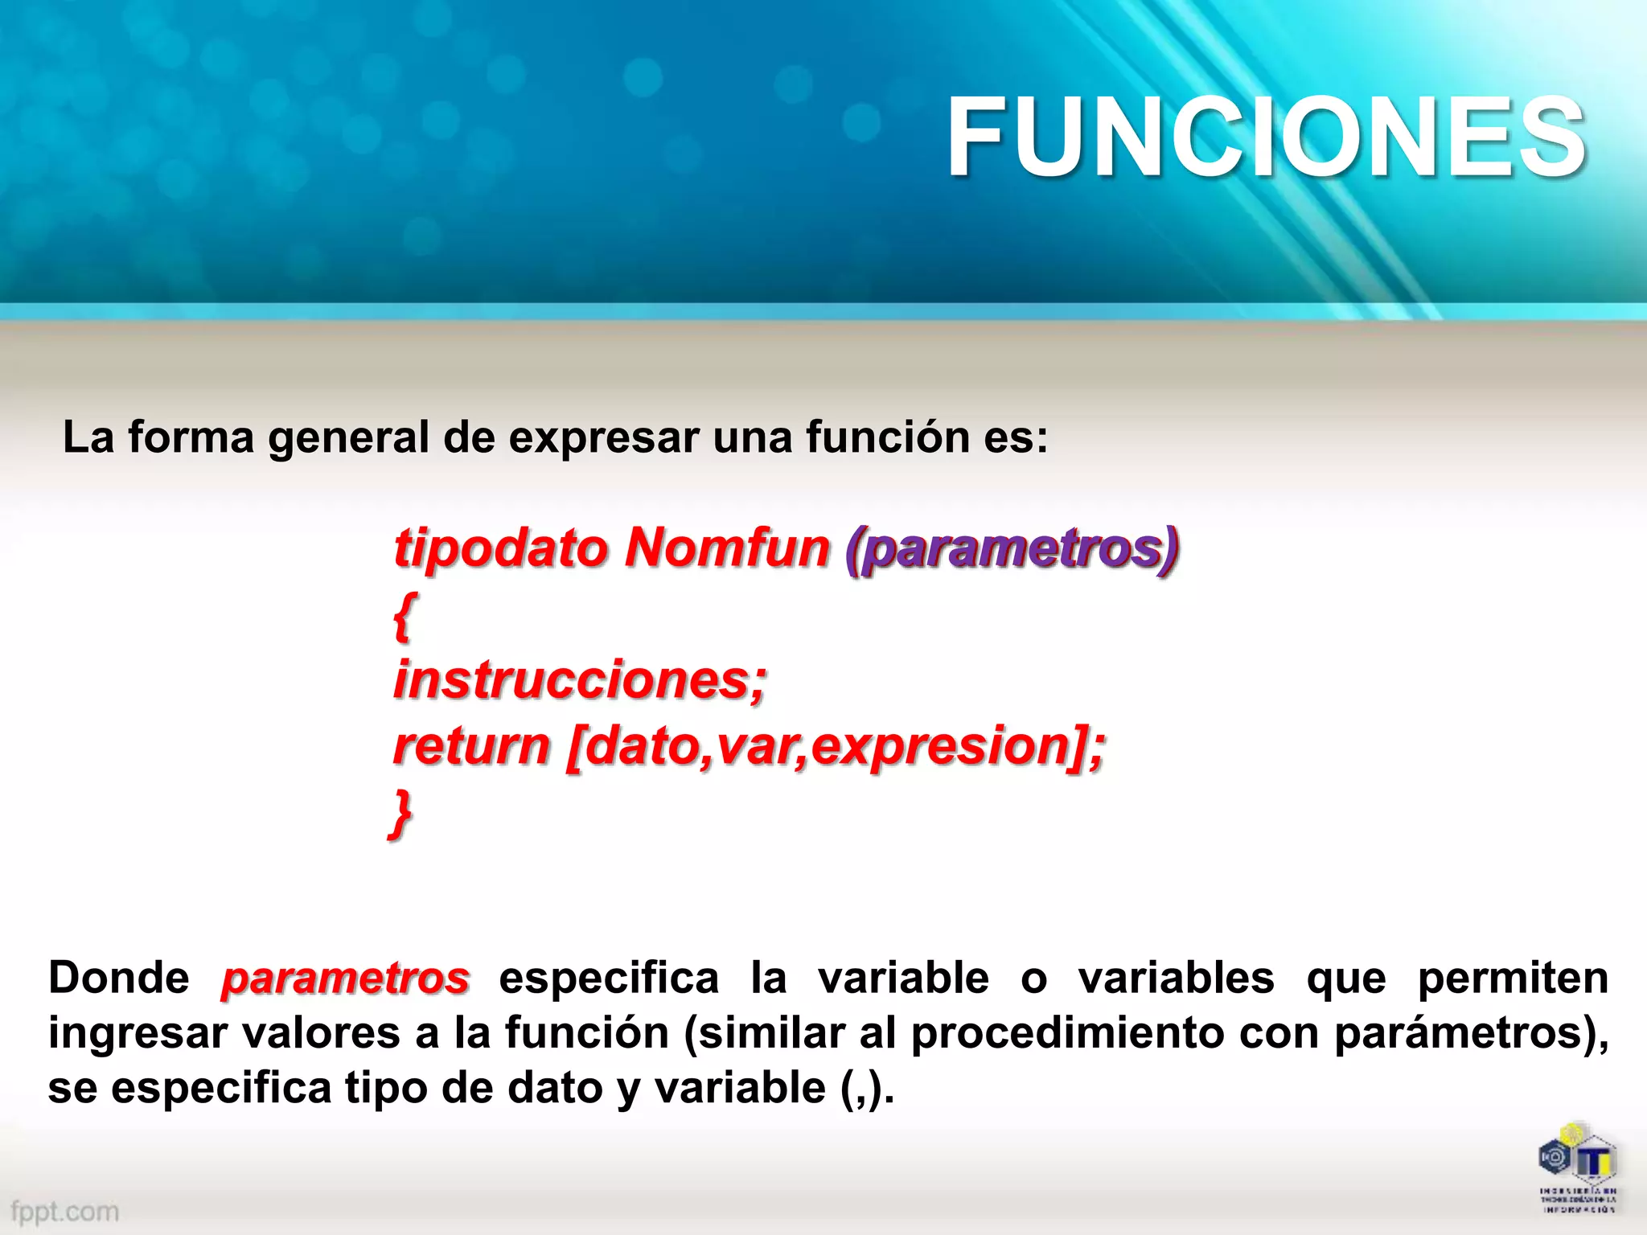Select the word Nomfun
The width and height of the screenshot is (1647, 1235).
[x=727, y=548]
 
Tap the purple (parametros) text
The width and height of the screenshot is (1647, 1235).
[x=1012, y=550]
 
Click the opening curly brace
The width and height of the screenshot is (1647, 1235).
[x=403, y=616]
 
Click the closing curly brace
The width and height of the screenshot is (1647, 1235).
[x=400, y=814]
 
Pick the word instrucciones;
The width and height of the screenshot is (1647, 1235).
[x=580, y=680]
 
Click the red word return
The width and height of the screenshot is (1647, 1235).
[x=471, y=746]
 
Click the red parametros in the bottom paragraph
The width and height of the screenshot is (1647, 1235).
[x=345, y=979]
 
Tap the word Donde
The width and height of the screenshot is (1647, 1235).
[x=119, y=979]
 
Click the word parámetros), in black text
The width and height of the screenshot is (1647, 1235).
[x=1471, y=1033]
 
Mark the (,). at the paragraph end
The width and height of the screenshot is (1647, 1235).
[x=867, y=1089]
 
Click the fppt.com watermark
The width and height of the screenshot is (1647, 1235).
[x=64, y=1211]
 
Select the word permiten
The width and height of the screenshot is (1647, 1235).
[x=1512, y=979]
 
